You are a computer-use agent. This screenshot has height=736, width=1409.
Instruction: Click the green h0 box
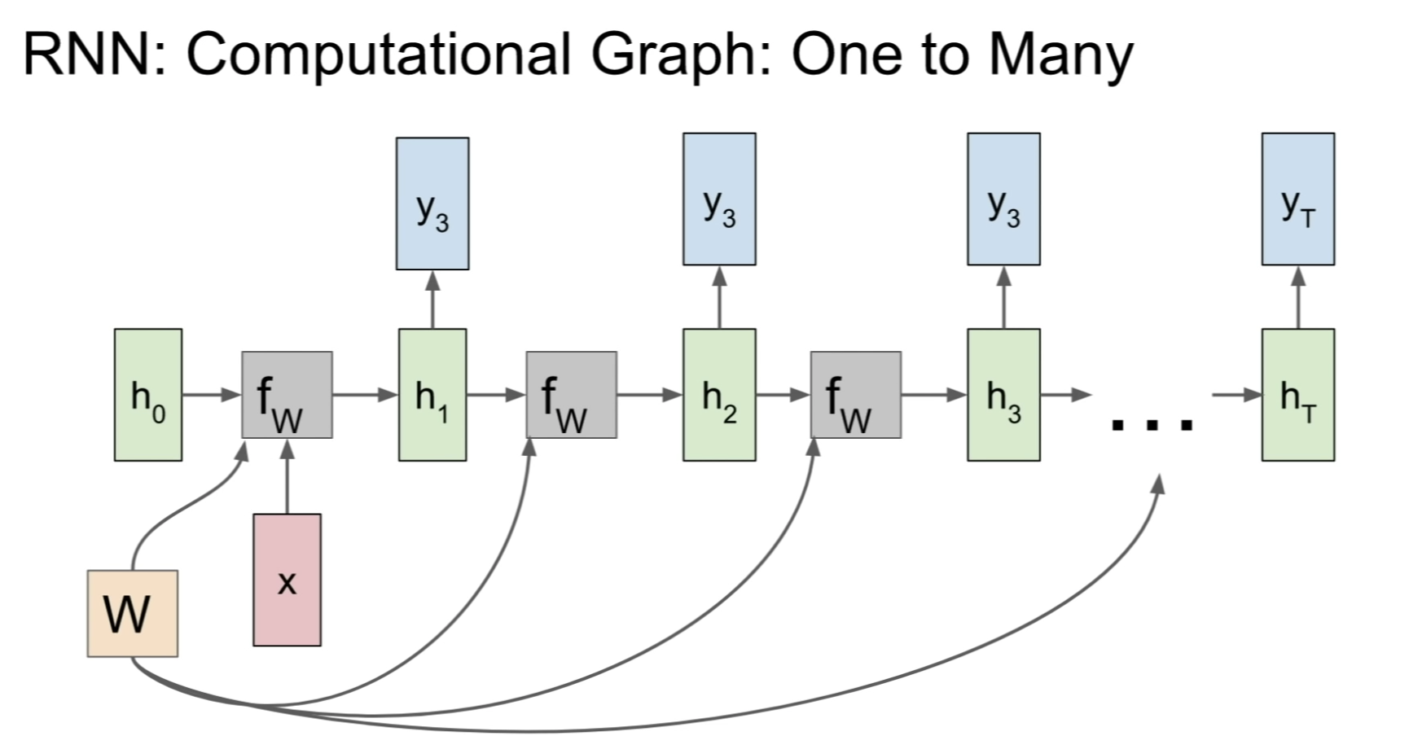[148, 395]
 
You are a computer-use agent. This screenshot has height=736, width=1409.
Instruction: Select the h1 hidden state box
[432, 395]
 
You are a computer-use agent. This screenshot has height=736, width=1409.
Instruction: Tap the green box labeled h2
[719, 395]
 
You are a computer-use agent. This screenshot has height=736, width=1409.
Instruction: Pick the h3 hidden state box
[1003, 395]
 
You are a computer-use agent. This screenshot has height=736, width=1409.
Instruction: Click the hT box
[1298, 395]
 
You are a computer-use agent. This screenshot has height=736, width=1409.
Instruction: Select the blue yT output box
[1298, 199]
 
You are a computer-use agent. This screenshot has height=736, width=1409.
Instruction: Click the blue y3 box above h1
[432, 204]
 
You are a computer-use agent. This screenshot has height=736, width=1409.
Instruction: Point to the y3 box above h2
[719, 199]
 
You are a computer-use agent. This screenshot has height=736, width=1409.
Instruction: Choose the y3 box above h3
[1003, 199]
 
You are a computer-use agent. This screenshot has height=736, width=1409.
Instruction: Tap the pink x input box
[287, 580]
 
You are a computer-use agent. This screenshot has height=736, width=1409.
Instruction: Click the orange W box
[133, 613]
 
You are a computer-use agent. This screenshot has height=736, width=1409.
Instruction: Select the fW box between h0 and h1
[287, 395]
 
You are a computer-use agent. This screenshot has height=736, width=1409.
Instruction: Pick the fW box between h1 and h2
[571, 395]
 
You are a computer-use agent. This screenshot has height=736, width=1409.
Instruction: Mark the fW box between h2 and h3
[855, 395]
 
